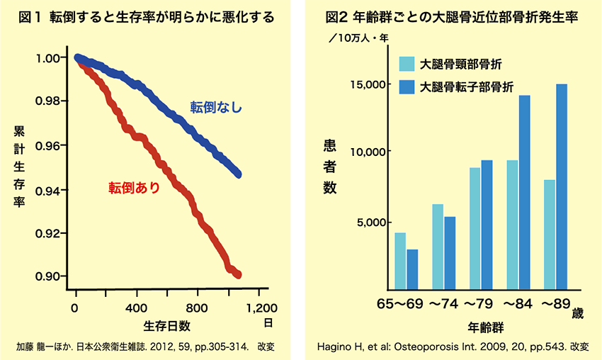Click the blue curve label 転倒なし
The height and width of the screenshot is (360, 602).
[x=216, y=108]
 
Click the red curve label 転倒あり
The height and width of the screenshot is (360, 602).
[x=134, y=188]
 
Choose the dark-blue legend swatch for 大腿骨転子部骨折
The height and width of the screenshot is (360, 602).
[x=406, y=87]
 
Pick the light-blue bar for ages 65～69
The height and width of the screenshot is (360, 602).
[x=400, y=260]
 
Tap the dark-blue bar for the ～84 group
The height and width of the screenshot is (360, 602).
[x=524, y=192]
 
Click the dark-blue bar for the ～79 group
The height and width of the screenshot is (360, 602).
[x=487, y=224]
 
